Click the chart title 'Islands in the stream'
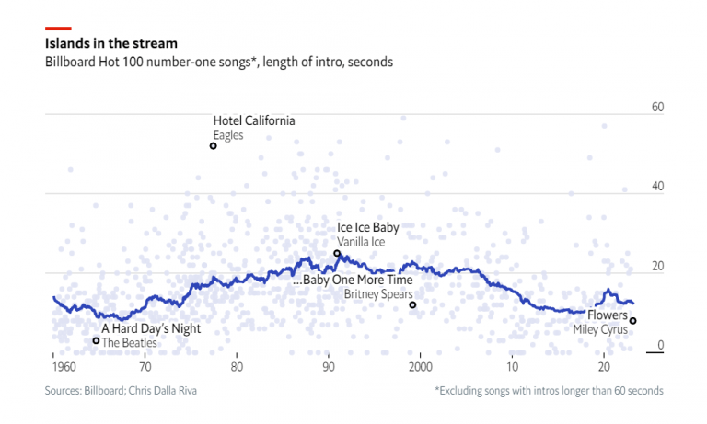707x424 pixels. click(111, 43)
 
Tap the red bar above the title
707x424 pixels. click(58, 29)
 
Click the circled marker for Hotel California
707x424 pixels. click(214, 146)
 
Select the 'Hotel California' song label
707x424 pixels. click(254, 120)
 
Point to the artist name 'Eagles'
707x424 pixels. click(227, 135)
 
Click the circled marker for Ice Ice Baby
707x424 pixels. click(337, 253)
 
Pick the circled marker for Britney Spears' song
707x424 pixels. click(412, 304)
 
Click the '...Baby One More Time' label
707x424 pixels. click(353, 280)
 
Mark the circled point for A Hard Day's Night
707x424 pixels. click(96, 340)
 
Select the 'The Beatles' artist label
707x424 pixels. click(129, 342)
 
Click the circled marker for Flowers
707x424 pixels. click(633, 321)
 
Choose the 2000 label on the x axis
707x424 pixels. click(421, 366)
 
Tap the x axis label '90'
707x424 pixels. click(329, 366)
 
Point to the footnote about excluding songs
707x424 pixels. click(548, 391)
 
